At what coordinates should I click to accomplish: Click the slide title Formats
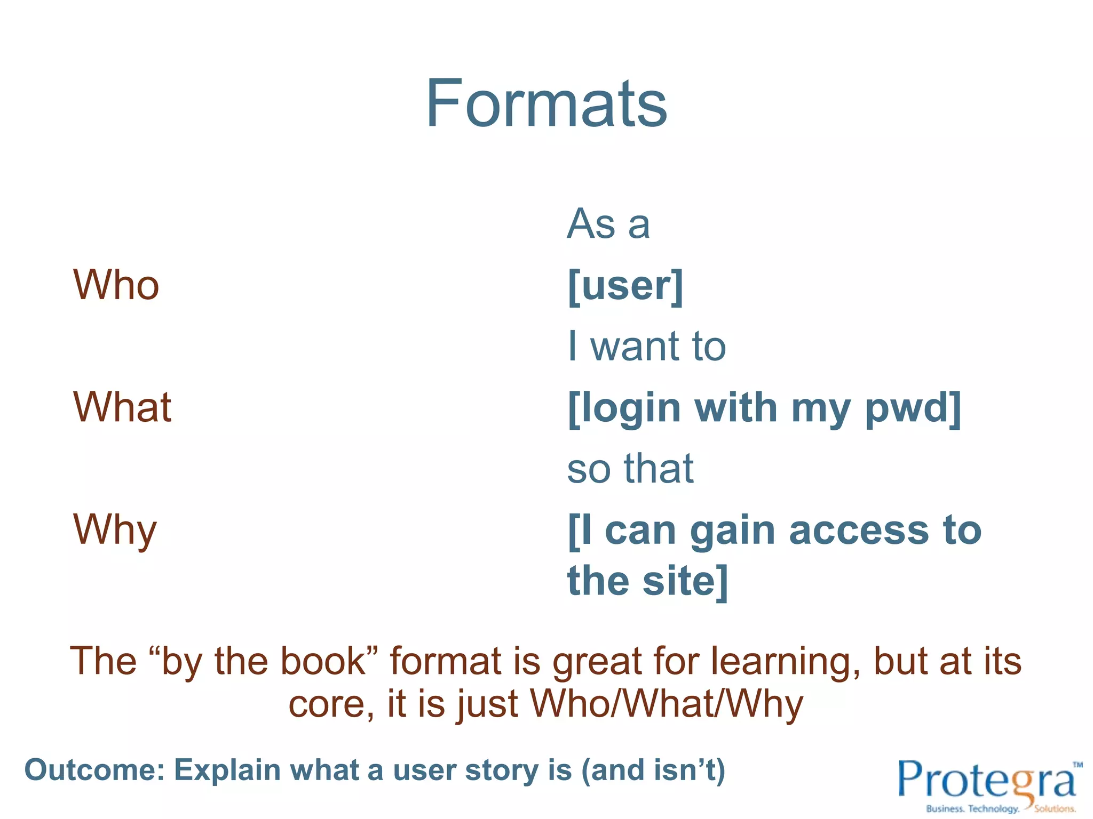point(546,103)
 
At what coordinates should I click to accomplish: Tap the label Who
point(116,285)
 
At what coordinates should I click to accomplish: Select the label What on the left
point(122,407)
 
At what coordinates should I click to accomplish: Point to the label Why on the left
point(115,530)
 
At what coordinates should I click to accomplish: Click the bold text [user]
point(625,286)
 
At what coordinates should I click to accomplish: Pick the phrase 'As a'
point(608,224)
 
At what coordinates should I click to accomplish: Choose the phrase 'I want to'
point(646,347)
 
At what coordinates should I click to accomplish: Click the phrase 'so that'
point(630,469)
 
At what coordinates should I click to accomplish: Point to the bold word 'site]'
point(685,581)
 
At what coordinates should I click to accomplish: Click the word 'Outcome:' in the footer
point(94,770)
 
